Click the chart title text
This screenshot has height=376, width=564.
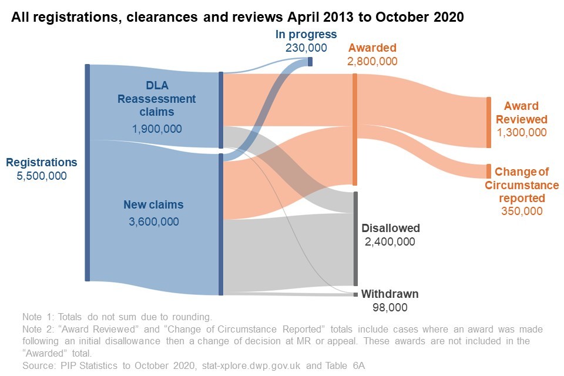[x=237, y=18]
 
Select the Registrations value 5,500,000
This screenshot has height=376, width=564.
[x=42, y=176]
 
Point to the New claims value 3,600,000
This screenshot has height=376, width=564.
[x=153, y=221]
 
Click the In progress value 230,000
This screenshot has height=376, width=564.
[x=306, y=47]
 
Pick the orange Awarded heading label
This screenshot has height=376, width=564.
[x=372, y=48]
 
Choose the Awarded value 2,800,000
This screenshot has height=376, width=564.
[x=372, y=61]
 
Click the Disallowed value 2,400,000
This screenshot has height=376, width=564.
[x=391, y=241]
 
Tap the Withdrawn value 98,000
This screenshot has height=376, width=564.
[x=390, y=307]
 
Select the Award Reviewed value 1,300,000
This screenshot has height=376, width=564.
[x=522, y=132]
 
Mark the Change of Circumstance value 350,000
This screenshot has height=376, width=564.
[x=522, y=211]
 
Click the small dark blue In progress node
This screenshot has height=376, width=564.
[x=310, y=61]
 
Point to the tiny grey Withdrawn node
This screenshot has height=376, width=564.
[x=355, y=294]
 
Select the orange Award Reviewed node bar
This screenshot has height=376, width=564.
[x=488, y=123]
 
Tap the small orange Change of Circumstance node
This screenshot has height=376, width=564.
[x=488, y=172]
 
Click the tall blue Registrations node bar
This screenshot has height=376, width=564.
[x=87, y=173]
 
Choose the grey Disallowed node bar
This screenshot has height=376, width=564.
[x=355, y=239]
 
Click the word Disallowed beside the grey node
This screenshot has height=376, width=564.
[x=391, y=228]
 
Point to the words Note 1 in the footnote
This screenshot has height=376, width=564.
[x=35, y=316]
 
